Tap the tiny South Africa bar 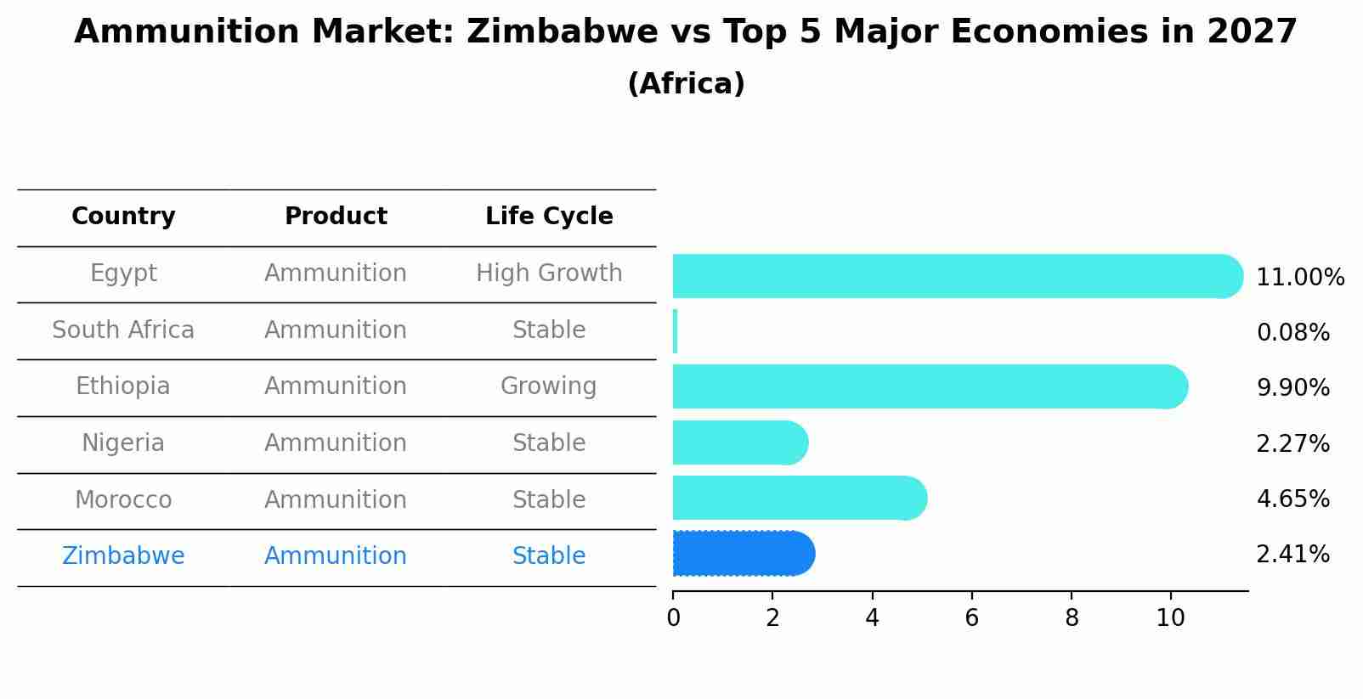675,331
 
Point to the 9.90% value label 1292,388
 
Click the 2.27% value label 1292,443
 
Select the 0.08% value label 1292,333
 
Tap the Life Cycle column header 549,217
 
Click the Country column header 123,217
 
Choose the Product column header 336,217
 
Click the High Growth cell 549,273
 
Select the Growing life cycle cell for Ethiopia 549,386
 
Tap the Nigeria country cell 123,443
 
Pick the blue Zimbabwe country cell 123,556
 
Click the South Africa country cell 123,330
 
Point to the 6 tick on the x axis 971,618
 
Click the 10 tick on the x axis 1170,618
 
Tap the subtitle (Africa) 686,84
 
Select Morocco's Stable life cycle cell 549,500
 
